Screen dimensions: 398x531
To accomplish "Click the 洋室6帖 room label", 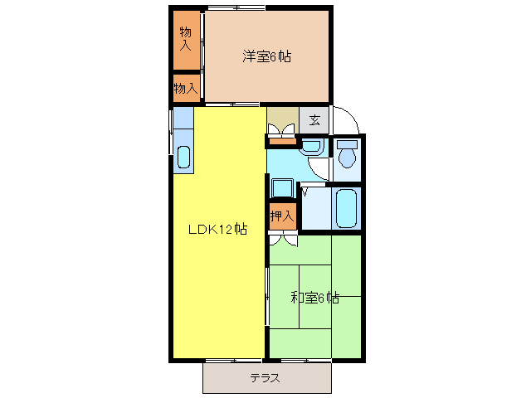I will pos(266,56).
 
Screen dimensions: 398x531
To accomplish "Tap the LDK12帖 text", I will pos(217,229).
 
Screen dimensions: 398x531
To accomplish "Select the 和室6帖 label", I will pos(314,297).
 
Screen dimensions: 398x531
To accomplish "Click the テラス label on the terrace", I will pos(265,378).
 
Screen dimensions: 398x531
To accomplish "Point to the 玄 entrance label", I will pos(314,119).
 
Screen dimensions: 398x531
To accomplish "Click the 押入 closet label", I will pos(282,216).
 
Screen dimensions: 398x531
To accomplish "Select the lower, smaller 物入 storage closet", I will pos(186,87).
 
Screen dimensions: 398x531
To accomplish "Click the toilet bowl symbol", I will pos(347,153).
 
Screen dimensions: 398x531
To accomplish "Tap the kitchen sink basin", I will pos(183,156).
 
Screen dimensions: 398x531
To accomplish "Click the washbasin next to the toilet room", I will pos(311,147).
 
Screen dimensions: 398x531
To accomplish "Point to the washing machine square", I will pos(281,187).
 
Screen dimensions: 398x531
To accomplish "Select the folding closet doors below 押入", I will pos(282,240).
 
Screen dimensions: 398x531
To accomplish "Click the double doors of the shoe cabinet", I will pos(282,129).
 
